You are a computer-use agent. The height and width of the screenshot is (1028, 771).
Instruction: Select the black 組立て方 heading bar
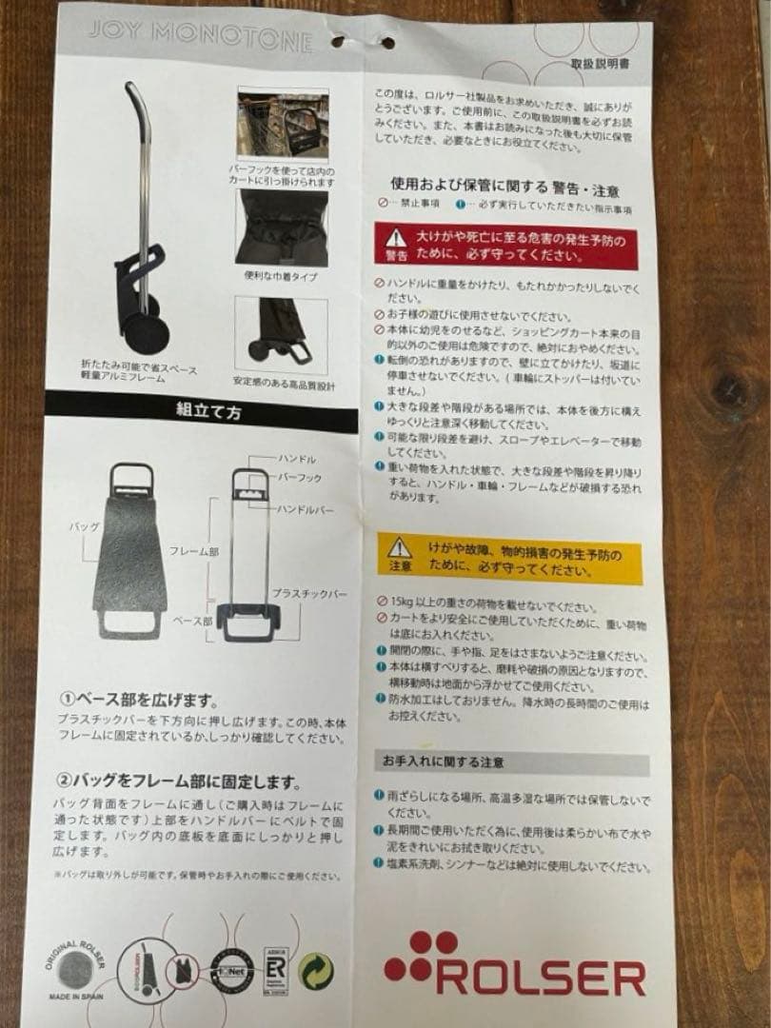coord(201,411)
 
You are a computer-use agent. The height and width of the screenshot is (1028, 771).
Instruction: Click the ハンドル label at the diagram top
coord(295,459)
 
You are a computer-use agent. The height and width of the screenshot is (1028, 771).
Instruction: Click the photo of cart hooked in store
coord(283,125)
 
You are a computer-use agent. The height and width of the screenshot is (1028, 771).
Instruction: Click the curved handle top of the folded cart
coord(133,95)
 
